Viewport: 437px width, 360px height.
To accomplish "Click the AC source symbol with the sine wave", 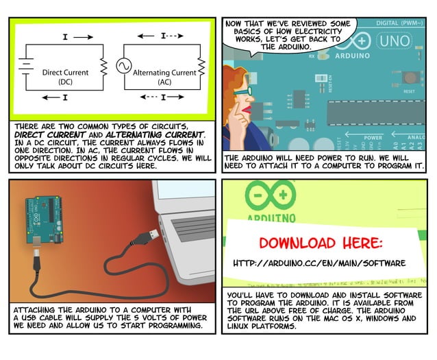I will point(124,66).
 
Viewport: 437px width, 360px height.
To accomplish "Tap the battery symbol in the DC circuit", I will point(26,66).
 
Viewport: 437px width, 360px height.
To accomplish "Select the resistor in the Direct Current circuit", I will point(104,67).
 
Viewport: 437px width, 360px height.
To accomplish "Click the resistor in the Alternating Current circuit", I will point(201,67).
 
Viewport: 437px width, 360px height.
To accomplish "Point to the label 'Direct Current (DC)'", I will point(65,76).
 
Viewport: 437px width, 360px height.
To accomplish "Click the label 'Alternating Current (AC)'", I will point(164,76).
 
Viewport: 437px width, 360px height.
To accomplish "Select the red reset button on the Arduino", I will point(409,77).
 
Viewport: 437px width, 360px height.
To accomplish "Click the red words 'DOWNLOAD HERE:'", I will point(321,243).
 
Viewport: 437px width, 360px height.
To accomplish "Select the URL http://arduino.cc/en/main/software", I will point(319,263).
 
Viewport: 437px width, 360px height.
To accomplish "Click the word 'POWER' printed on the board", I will point(373,137).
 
